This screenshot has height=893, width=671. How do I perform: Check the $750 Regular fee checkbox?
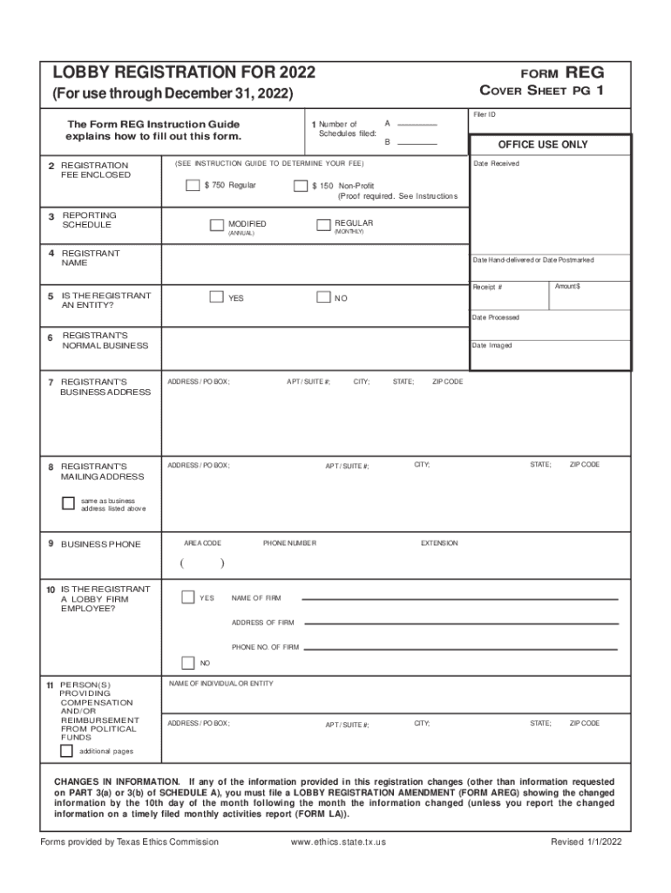[x=193, y=186]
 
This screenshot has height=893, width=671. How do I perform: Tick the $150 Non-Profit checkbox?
[x=301, y=186]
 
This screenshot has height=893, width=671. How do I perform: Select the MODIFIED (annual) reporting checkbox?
[x=217, y=225]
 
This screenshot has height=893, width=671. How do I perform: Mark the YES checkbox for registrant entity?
[x=216, y=297]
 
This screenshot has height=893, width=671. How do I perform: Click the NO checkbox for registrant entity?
[x=323, y=297]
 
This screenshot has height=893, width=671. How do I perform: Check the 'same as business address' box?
[x=68, y=503]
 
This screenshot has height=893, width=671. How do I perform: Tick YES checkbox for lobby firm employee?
[x=188, y=597]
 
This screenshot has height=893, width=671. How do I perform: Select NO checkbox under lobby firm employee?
[x=188, y=662]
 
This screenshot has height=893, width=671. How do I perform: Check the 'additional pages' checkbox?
[x=66, y=751]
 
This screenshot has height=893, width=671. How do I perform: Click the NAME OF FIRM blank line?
[x=459, y=598]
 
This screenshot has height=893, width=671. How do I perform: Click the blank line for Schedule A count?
[x=417, y=125]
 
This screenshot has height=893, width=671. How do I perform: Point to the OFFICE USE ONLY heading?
[x=543, y=145]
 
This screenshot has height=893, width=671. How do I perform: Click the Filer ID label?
[x=485, y=115]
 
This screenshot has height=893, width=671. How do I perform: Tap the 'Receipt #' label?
[x=487, y=287]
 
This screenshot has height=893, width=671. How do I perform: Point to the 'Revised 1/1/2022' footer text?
[x=586, y=842]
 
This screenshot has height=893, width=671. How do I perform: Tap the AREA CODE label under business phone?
[x=202, y=543]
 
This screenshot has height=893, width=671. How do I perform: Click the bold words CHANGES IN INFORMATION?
[x=118, y=781]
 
